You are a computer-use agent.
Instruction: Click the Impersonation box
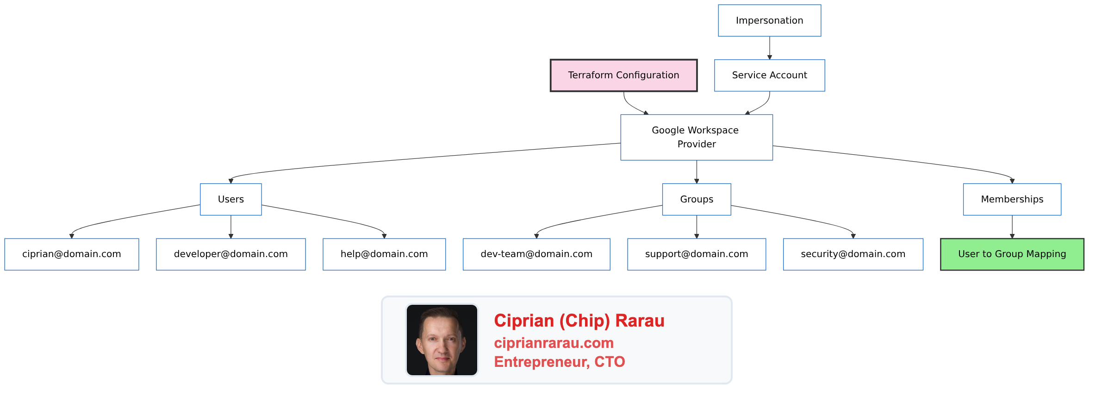pyautogui.click(x=769, y=20)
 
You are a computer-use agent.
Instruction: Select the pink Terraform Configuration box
pyautogui.click(x=623, y=75)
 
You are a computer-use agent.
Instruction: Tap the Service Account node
pyautogui.click(x=769, y=75)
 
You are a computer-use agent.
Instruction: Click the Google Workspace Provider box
pyautogui.click(x=696, y=137)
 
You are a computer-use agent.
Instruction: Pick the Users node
pyautogui.click(x=230, y=199)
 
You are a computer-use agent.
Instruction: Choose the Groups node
pyautogui.click(x=696, y=199)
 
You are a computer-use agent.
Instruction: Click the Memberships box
pyautogui.click(x=1012, y=199)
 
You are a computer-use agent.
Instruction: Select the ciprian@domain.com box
pyautogui.click(x=71, y=254)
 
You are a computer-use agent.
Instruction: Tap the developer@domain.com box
pyautogui.click(x=230, y=254)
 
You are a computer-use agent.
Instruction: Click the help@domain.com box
pyautogui.click(x=384, y=254)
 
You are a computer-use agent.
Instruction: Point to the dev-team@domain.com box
pyautogui.click(x=536, y=254)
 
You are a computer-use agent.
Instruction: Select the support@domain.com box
pyautogui.click(x=696, y=254)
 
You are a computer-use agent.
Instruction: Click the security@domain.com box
pyautogui.click(x=853, y=254)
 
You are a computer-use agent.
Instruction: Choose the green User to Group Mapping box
pyautogui.click(x=1012, y=254)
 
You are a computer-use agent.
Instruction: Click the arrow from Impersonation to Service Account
pyautogui.click(x=769, y=48)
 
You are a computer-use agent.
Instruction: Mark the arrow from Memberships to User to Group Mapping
pyautogui.click(x=1012, y=227)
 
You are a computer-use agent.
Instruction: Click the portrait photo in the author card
pyautogui.click(x=442, y=340)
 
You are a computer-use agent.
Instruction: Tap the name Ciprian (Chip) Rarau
pyautogui.click(x=579, y=321)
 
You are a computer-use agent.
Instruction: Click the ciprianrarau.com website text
pyautogui.click(x=554, y=343)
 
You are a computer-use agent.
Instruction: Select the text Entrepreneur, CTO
pyautogui.click(x=559, y=362)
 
